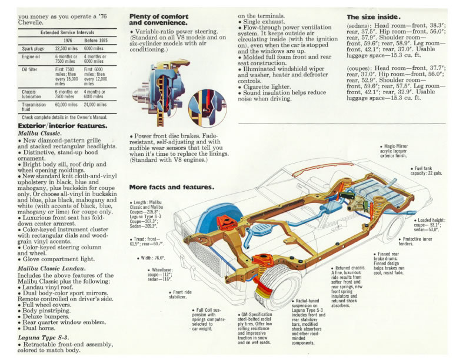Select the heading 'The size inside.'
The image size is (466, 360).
point(374,17)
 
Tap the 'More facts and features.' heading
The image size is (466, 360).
point(171,187)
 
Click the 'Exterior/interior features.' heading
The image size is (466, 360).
point(62,126)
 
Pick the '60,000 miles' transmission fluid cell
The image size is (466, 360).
point(66,105)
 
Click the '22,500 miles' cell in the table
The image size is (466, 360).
point(66,48)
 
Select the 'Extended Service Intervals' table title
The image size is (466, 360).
point(64,32)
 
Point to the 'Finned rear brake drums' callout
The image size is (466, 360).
point(388,263)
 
